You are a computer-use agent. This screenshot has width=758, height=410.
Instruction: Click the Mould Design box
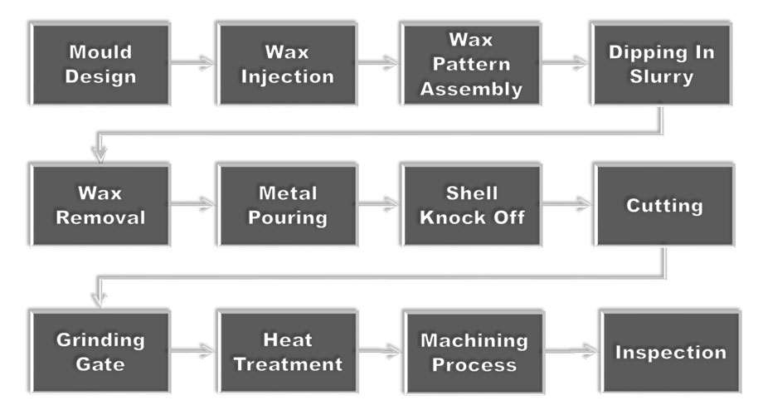pyautogui.click(x=100, y=64)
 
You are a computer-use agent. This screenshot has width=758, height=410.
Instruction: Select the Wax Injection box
pyautogui.click(x=287, y=64)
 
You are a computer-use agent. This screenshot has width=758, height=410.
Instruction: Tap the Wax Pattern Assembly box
pyautogui.click(x=471, y=64)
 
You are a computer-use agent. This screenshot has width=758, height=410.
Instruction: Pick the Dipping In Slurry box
pyautogui.click(x=662, y=64)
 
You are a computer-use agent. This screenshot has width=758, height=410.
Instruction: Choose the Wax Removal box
pyautogui.click(x=100, y=205)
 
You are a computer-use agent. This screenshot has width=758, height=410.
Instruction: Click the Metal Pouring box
pyautogui.click(x=287, y=205)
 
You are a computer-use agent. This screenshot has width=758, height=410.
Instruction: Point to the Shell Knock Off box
pyautogui.click(x=471, y=205)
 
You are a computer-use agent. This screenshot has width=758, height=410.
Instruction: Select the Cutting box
pyautogui.click(x=664, y=205)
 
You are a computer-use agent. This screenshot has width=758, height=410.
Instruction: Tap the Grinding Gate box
pyautogui.click(x=100, y=352)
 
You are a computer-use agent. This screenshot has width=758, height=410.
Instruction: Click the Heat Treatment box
pyautogui.click(x=287, y=352)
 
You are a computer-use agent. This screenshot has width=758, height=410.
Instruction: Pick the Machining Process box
pyautogui.click(x=473, y=352)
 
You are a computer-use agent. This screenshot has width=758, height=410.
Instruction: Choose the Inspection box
pyautogui.click(x=669, y=352)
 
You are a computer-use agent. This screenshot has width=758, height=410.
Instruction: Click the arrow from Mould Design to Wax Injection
pyautogui.click(x=193, y=61)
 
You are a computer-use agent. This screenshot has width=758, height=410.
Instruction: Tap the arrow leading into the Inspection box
pyautogui.click(x=571, y=350)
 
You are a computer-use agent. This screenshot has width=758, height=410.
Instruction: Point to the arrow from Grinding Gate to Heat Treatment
pyautogui.click(x=193, y=351)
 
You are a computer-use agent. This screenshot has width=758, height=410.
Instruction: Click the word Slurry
pyautogui.click(x=662, y=76)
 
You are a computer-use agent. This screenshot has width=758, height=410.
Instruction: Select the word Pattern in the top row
pyautogui.click(x=471, y=64)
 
